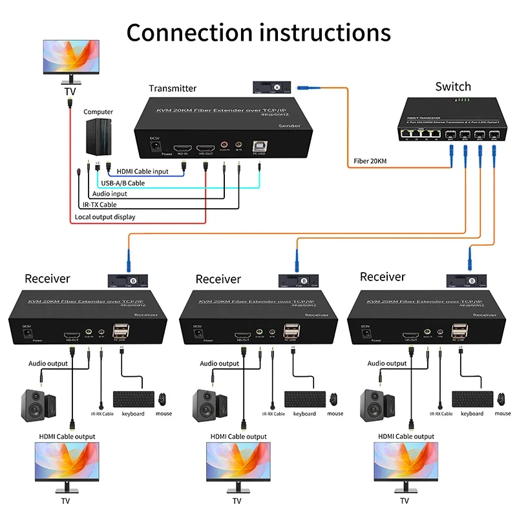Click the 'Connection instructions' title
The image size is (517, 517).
tap(258, 32)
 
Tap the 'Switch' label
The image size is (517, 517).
tap(452, 87)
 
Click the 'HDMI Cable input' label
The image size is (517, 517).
tap(142, 171)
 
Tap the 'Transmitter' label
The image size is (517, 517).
tap(173, 89)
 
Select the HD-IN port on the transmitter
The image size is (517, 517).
tap(183, 148)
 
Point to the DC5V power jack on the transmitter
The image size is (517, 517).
tap(155, 146)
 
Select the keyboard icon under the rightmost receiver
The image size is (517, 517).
tap(470, 399)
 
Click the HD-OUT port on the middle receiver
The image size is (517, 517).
tap(243, 336)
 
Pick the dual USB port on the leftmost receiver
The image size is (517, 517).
tap(121, 331)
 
